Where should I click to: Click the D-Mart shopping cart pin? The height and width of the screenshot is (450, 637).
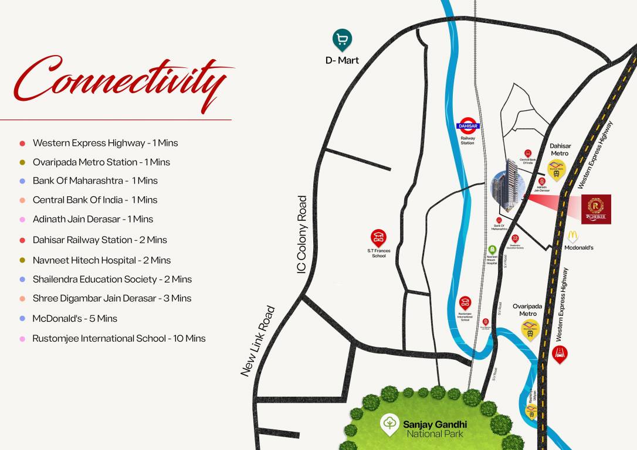pos(342,40)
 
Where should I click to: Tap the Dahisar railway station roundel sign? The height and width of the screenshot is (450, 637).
pos(467,126)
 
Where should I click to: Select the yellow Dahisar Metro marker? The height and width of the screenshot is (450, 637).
pos(556,170)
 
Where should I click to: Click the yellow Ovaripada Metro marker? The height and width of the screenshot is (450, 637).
pos(530,330)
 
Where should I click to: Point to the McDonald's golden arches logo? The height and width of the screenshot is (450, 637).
pos(572,236)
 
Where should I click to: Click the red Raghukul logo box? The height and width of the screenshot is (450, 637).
pos(596,209)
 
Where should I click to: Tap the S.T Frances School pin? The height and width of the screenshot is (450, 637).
pos(378,238)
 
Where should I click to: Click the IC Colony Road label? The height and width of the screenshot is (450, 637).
pos(302,234)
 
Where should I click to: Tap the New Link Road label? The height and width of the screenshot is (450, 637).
pos(257,341)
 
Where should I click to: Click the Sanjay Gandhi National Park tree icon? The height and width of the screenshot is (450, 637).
pos(389,424)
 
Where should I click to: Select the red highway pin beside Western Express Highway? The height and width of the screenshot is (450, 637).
pos(560,353)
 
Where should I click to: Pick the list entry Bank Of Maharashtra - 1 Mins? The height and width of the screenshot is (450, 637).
pos(95,180)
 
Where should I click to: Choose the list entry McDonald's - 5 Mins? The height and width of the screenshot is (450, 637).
pos(74,318)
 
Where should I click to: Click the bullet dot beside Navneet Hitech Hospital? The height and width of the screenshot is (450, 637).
pos(22,260)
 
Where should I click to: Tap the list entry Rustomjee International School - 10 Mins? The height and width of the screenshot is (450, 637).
pos(119,338)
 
